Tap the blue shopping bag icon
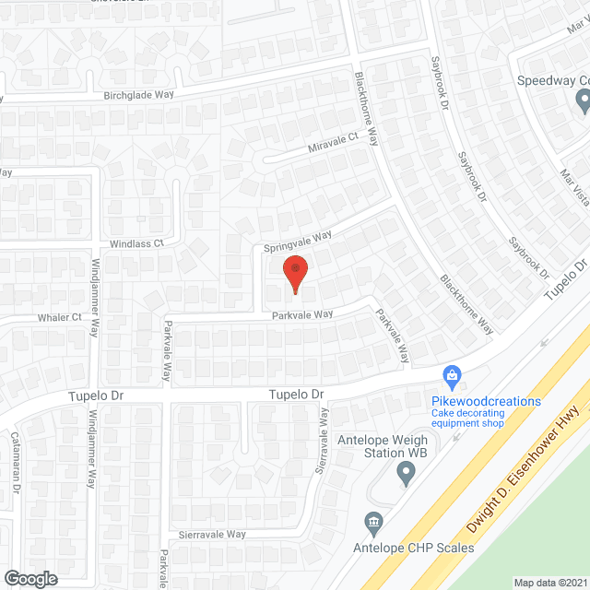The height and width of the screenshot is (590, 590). pyautogui.click(x=452, y=374)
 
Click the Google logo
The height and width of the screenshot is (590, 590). pyautogui.click(x=30, y=578)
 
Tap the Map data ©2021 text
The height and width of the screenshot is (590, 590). pyautogui.click(x=549, y=582)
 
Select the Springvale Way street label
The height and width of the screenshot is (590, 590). pyautogui.click(x=298, y=242)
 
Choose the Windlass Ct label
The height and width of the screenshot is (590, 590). pyautogui.click(x=136, y=243)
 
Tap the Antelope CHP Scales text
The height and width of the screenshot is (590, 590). pyautogui.click(x=414, y=548)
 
